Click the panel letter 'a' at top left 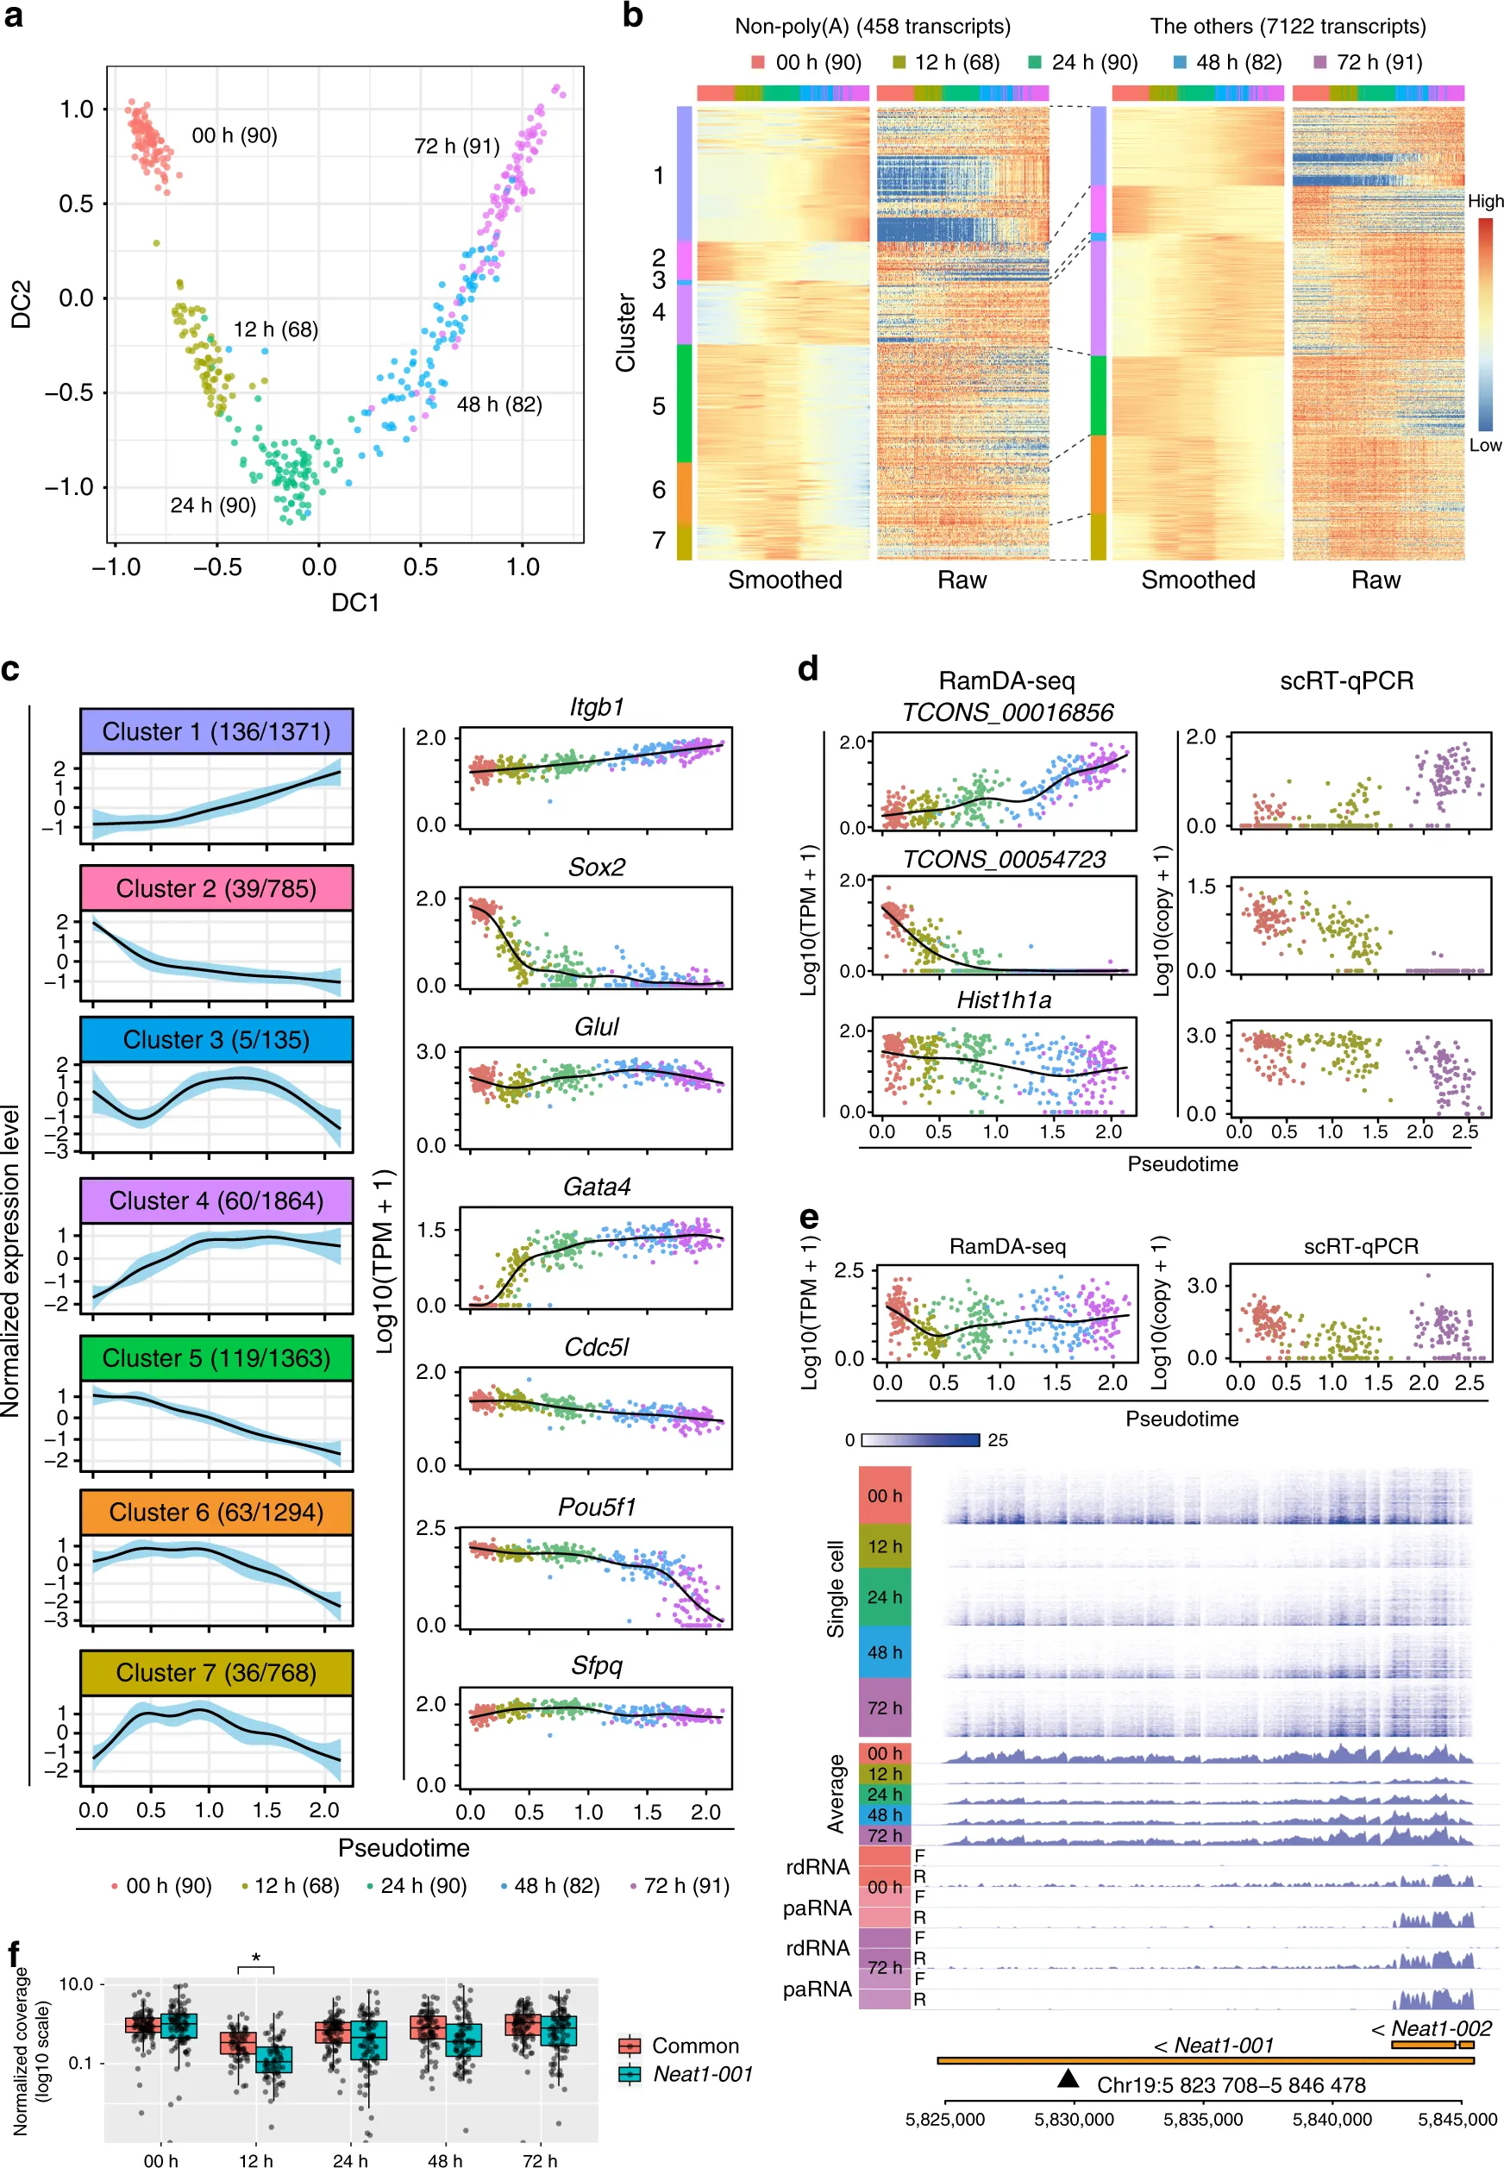click(13, 16)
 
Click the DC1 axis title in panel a click(354, 602)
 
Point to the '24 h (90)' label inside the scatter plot click(213, 505)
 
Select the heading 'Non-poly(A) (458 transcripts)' click(872, 27)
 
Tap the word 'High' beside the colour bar click(1484, 201)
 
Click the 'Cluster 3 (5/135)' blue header click(216, 1039)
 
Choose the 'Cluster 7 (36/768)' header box click(216, 1672)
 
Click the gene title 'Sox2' click(597, 867)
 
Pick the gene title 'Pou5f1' click(597, 1507)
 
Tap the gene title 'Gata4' click(597, 1187)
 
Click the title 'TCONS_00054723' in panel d click(1004, 859)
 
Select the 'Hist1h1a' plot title click(1004, 999)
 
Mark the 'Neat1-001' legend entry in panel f click(702, 2074)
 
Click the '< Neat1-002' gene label click(1432, 2027)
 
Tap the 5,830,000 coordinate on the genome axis click(1074, 2120)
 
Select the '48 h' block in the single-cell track click(884, 1651)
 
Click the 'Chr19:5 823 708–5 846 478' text click(1231, 2085)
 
